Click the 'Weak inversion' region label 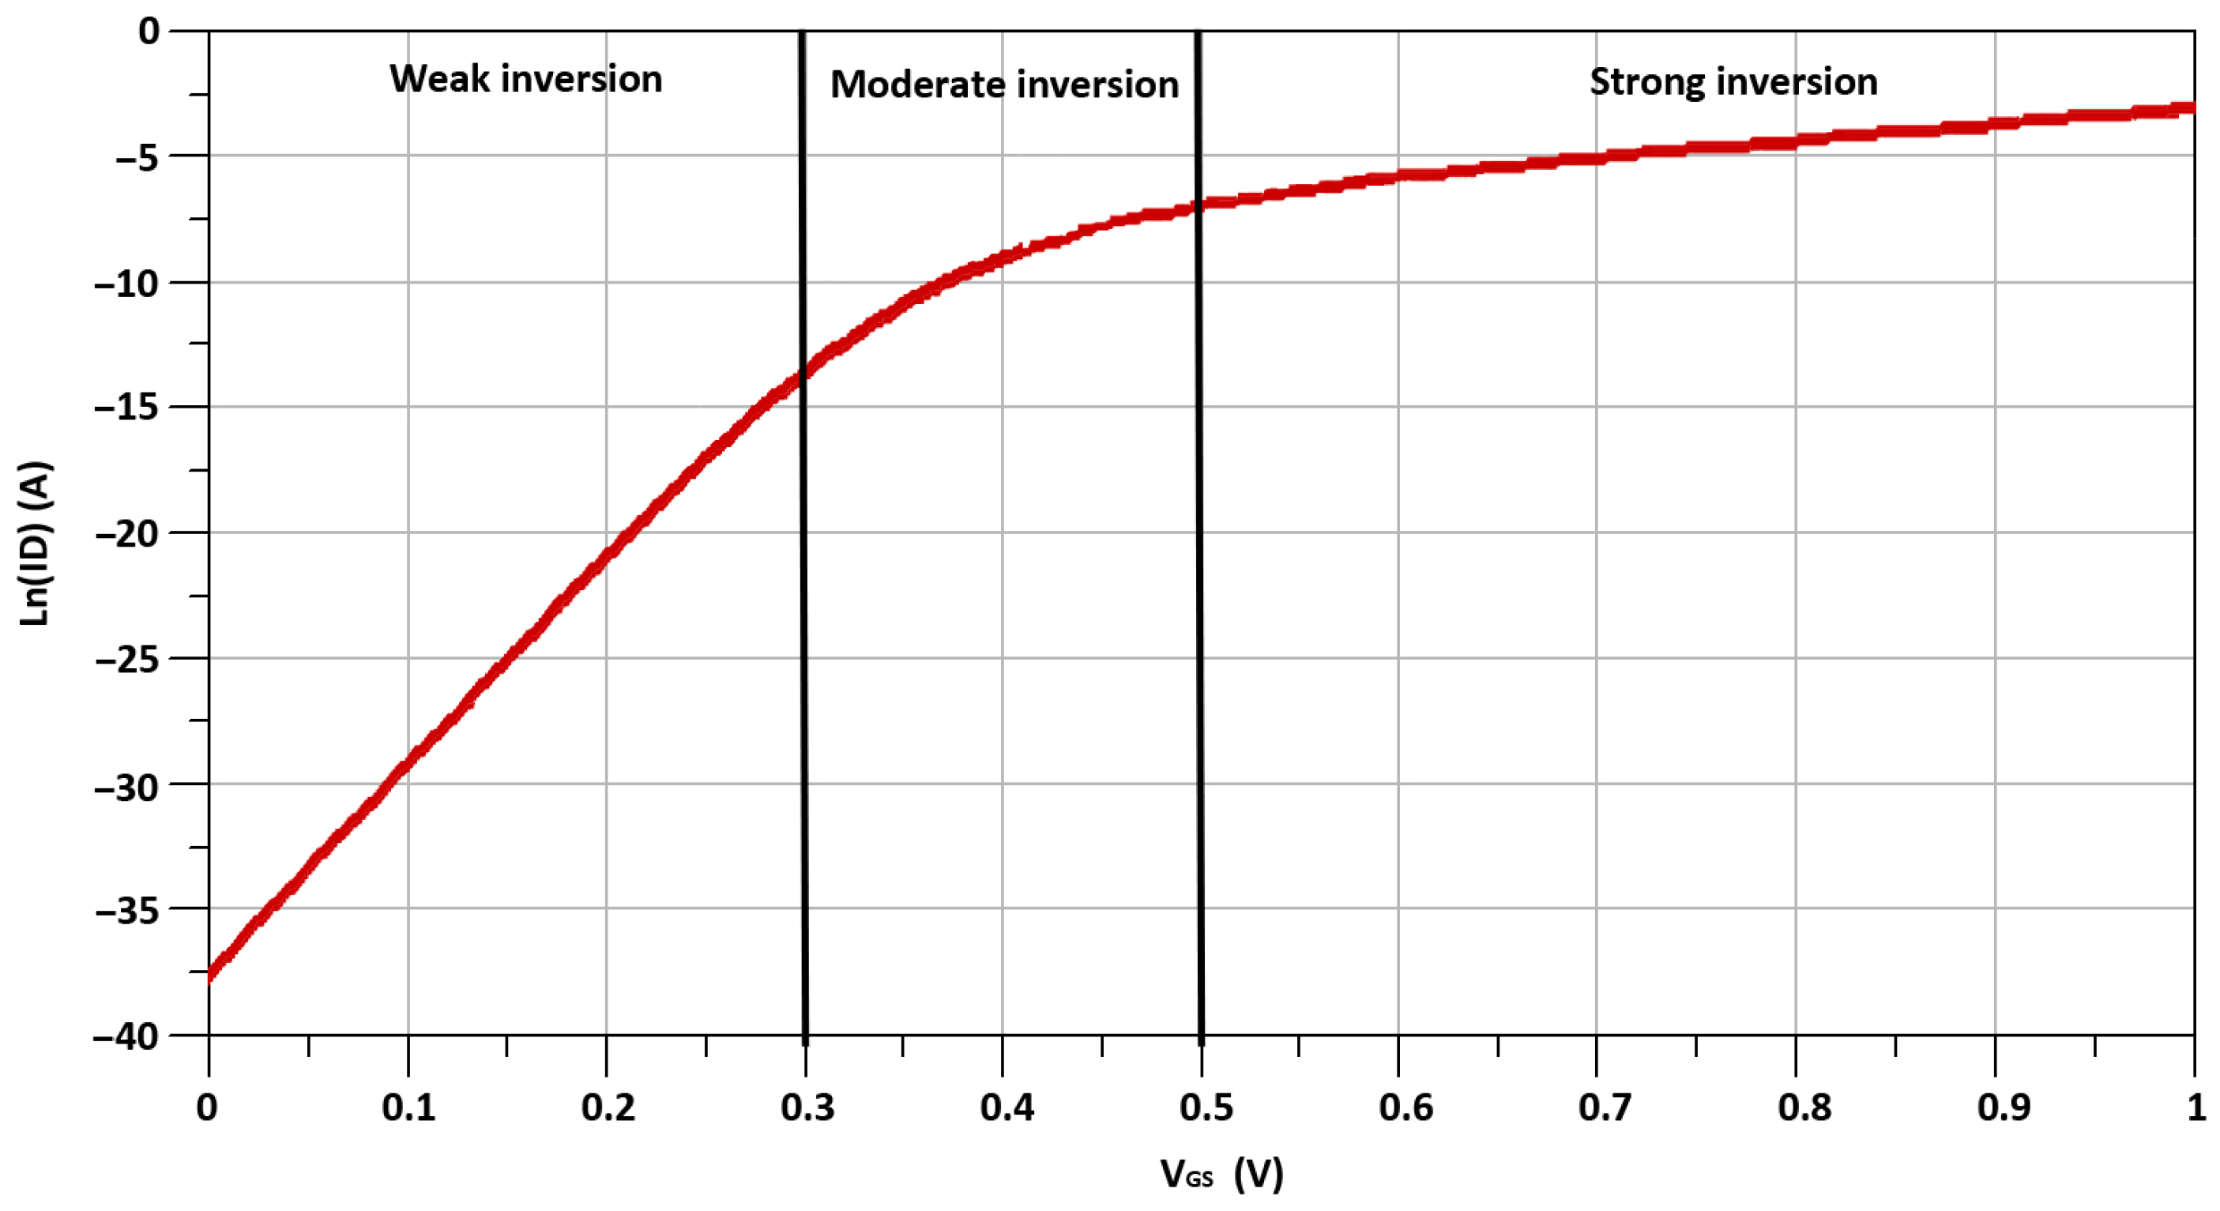click(x=525, y=79)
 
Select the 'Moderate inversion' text click(x=1004, y=85)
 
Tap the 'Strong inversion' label click(x=1733, y=82)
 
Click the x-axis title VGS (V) click(x=1221, y=1173)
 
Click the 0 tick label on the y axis click(x=149, y=32)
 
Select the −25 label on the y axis click(x=126, y=660)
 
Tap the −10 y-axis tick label click(x=126, y=283)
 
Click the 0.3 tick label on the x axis click(x=807, y=1108)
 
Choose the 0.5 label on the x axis click(x=1205, y=1108)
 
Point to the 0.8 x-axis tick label click(x=1803, y=1108)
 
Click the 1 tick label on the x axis click(x=2196, y=1108)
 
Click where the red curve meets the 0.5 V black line click(x=1198, y=206)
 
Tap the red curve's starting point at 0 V click(x=210, y=975)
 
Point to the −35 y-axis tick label click(x=126, y=910)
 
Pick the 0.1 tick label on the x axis click(x=408, y=1108)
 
